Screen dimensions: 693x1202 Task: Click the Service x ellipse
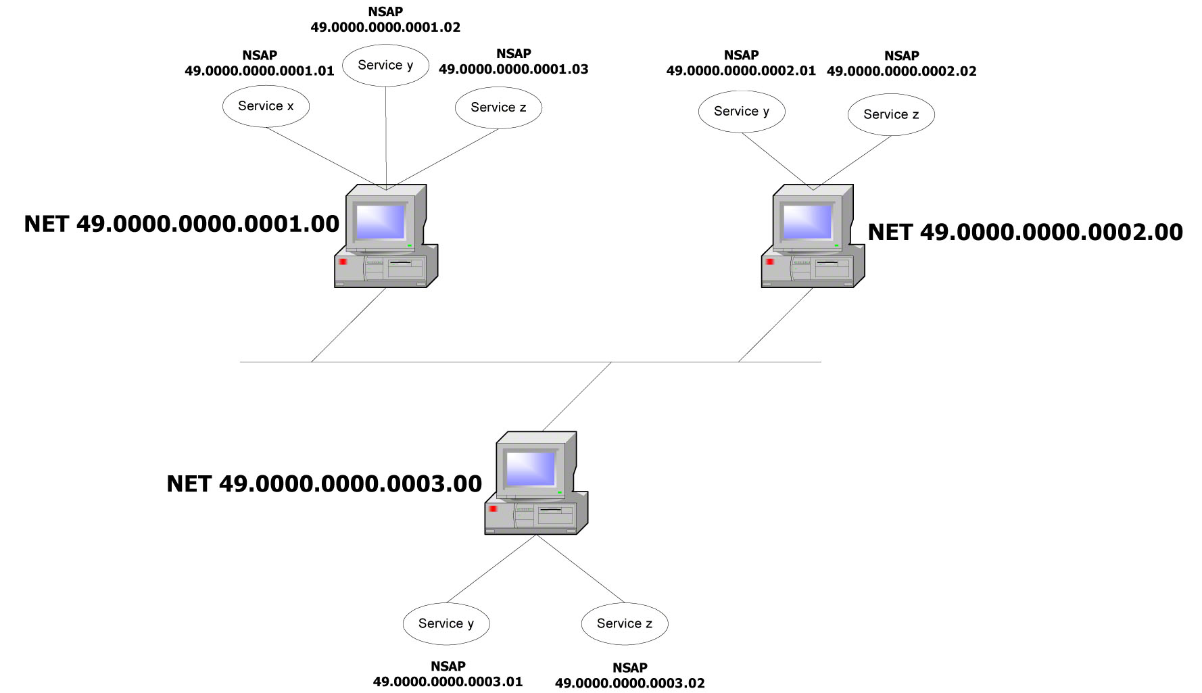[266, 106]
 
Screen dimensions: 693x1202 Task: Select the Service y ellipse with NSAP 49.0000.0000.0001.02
[385, 66]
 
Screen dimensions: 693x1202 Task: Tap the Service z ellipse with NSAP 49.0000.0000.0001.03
[498, 107]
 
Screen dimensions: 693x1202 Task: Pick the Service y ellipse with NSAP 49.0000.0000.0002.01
[742, 112]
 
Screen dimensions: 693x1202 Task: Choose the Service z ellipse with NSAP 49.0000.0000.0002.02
[891, 115]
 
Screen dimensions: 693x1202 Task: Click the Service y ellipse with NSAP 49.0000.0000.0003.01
[446, 623]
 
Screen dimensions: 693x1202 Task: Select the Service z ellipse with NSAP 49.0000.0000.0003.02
[625, 623]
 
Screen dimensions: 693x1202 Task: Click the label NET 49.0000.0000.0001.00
[181, 224]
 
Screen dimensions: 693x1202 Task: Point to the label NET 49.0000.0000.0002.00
[1025, 232]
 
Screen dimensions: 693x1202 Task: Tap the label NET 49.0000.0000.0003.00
[324, 483]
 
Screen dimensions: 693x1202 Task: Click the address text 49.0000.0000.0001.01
[260, 71]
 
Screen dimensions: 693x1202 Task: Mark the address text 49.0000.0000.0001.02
[385, 28]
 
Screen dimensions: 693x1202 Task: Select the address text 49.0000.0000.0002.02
[901, 72]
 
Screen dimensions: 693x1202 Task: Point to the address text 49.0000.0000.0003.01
[448, 682]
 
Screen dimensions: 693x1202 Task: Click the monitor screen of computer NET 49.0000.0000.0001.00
[381, 221]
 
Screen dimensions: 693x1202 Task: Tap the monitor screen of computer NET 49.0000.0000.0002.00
[807, 221]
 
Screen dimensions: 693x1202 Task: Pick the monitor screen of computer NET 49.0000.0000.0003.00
[531, 468]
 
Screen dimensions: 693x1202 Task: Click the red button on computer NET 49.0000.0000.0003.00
[494, 508]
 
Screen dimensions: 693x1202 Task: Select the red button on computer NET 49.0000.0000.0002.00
[770, 262]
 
